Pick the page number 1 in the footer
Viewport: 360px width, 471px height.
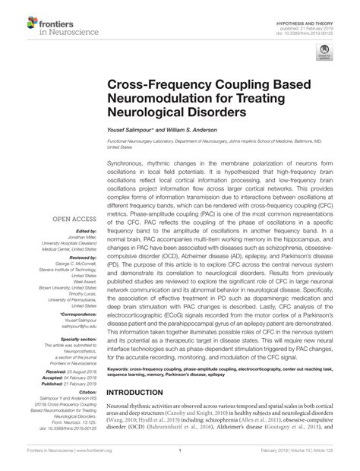coord(179,460)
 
